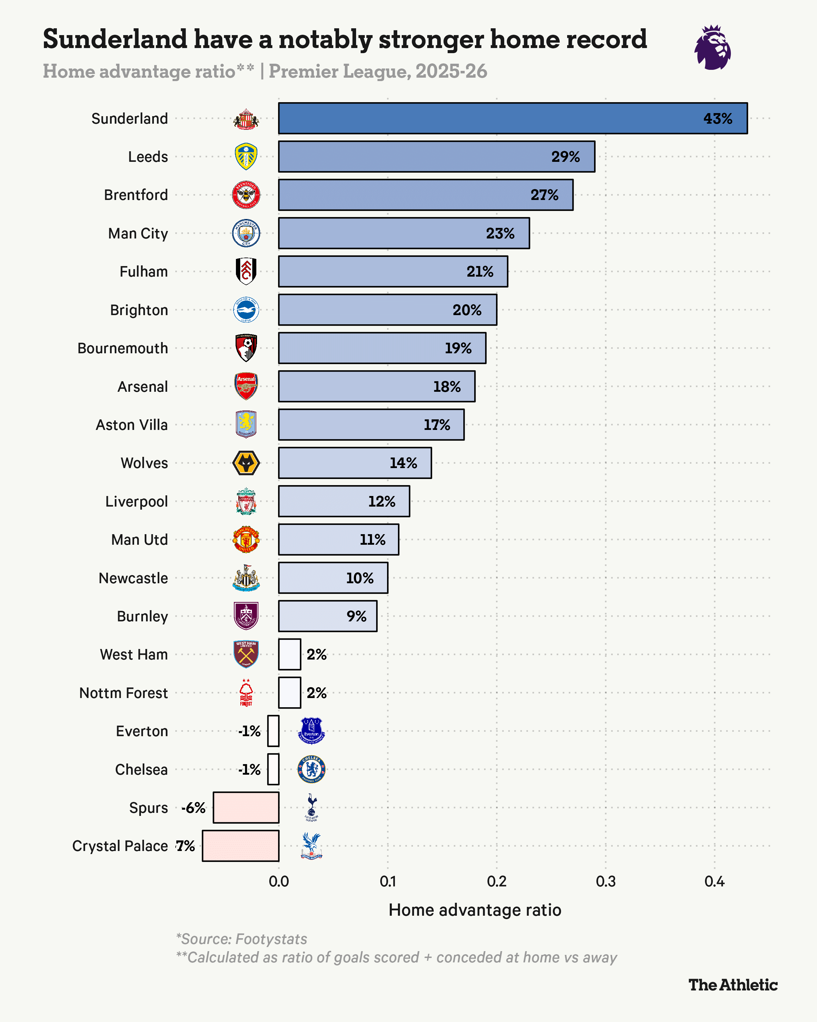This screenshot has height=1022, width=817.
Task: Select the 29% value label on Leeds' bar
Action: click(565, 157)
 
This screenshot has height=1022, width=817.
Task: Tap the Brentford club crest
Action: click(246, 195)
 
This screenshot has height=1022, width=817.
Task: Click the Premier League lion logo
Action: click(712, 48)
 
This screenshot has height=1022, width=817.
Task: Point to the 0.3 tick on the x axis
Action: click(605, 881)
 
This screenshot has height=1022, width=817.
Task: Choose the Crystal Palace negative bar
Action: click(241, 846)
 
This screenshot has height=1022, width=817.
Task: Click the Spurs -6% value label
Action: click(194, 808)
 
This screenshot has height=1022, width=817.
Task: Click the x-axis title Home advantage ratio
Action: click(475, 910)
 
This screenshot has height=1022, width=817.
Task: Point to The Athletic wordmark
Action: click(733, 985)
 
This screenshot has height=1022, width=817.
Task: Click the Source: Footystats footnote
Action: click(242, 939)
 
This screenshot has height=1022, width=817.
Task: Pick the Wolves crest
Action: click(246, 463)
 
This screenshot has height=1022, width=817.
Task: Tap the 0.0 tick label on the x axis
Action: click(278, 881)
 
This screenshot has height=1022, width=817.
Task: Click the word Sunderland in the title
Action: click(115, 39)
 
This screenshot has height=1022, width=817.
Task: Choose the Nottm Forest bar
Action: click(289, 693)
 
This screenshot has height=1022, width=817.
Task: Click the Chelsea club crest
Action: click(311, 769)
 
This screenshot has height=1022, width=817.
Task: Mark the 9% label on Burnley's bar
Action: click(356, 616)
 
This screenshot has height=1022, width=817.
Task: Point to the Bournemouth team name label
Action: click(123, 349)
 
